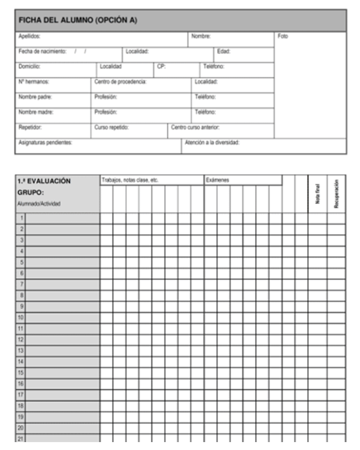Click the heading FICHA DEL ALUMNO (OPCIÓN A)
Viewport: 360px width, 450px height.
tap(78, 20)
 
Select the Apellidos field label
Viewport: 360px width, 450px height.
tap(29, 36)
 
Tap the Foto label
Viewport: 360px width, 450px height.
tap(283, 36)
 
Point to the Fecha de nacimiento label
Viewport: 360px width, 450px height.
tap(42, 51)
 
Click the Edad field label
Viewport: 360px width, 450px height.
tap(224, 51)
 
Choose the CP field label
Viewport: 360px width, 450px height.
tap(161, 67)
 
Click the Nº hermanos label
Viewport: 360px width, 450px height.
tap(34, 82)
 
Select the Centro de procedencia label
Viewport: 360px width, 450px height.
tap(120, 82)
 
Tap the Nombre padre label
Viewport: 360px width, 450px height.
tap(35, 97)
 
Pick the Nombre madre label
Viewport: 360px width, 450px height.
tap(36, 112)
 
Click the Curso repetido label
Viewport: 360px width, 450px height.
tap(112, 128)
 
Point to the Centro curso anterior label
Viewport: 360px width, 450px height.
tap(195, 128)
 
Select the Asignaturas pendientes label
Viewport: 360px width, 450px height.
tap(45, 143)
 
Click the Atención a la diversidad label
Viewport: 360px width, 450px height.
tap(212, 143)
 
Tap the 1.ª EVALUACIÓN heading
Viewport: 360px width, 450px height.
tap(44, 181)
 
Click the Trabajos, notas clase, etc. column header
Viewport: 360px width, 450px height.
tap(130, 180)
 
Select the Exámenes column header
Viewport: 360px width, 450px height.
tap(218, 180)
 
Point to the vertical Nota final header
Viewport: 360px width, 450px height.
tap(318, 193)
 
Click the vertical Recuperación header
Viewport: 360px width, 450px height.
tap(336, 193)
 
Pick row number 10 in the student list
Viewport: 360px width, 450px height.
tap(20, 318)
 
